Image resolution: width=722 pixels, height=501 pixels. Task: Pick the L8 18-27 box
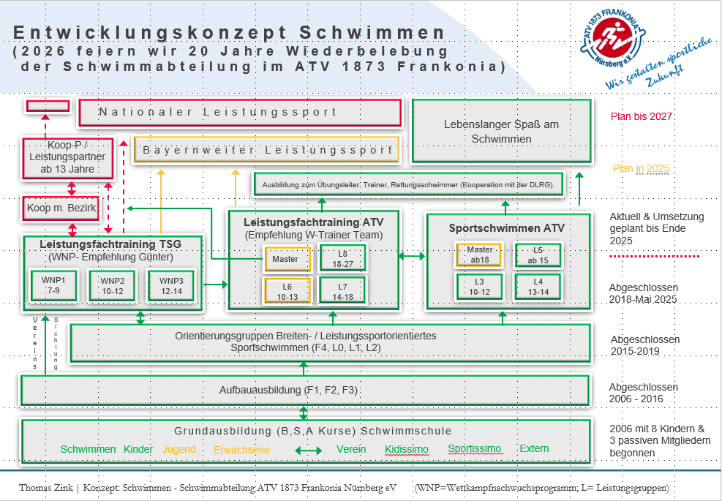[343, 258]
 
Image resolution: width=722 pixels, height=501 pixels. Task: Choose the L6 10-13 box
[287, 290]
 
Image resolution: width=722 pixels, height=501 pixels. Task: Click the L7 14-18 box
[343, 290]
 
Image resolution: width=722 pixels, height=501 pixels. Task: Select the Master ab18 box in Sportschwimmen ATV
[479, 254]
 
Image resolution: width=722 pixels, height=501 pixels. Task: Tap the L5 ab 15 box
[538, 254]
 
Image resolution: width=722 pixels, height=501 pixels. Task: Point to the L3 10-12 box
[479, 286]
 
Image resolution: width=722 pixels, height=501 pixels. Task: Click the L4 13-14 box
[538, 286]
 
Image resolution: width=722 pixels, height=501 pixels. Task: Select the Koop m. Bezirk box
[61, 208]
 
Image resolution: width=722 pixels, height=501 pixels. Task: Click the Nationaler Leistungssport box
[240, 113]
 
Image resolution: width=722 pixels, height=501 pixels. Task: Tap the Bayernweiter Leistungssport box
[267, 150]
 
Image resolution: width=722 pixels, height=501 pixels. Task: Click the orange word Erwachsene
[241, 450]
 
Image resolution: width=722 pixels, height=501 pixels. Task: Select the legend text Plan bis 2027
[642, 116]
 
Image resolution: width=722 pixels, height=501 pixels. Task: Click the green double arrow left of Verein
[307, 451]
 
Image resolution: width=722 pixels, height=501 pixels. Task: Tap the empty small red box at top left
[48, 106]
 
